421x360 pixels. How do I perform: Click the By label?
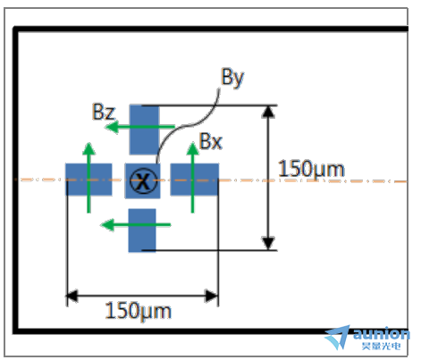tap(232, 78)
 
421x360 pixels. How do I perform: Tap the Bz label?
tap(104, 112)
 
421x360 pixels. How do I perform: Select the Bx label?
tap(211, 141)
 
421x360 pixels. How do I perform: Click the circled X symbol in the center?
tap(143, 180)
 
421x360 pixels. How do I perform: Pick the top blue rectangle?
tap(144, 130)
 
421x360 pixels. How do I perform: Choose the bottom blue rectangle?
tap(142, 230)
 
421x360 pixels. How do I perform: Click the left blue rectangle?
tap(88, 180)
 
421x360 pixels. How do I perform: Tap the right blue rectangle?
tap(195, 180)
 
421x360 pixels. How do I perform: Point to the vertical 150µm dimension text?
tap(311, 170)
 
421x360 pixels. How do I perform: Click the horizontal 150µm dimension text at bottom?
tap(139, 311)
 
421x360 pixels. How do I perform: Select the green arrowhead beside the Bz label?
tap(112, 127)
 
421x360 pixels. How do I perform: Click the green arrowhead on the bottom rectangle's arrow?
tap(107, 225)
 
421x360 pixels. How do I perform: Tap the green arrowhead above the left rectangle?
tap(88, 148)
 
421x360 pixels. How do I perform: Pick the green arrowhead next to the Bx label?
tap(192, 148)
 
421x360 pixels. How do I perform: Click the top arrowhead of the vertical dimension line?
tap(268, 112)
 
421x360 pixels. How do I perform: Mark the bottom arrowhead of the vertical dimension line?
tap(268, 243)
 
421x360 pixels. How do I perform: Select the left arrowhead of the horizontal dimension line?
tap(72, 296)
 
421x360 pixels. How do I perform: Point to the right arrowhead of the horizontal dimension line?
tap(212, 296)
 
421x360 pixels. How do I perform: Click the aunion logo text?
tap(382, 333)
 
